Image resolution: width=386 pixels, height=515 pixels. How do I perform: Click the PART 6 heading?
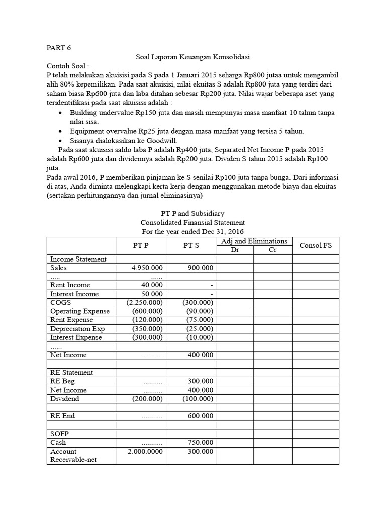pos(59,48)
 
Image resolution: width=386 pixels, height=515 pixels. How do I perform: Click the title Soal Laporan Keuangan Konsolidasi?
pos(194,57)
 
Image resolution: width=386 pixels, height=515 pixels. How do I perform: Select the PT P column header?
pos(141,246)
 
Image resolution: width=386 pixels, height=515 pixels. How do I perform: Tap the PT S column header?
pos(191,246)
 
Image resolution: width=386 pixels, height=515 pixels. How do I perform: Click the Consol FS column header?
pos(316,246)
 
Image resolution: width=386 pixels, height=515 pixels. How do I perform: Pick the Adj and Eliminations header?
pos(254,241)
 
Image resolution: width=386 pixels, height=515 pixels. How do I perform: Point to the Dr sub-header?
pos(235,250)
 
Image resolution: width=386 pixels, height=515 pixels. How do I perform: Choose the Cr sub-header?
pos(273,250)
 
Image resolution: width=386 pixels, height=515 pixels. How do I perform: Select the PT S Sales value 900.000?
pos(200,268)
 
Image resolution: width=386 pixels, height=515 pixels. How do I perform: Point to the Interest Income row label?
pos(74,294)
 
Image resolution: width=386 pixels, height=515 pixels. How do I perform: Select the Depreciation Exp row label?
pos(77,328)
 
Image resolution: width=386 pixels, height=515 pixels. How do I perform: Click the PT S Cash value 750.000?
pos(200,442)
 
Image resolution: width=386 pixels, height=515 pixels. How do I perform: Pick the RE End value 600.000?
pos(200,416)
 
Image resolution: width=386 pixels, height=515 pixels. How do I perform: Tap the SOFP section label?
pos(60,433)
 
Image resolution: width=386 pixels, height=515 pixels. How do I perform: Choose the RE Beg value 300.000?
pos(200,381)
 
